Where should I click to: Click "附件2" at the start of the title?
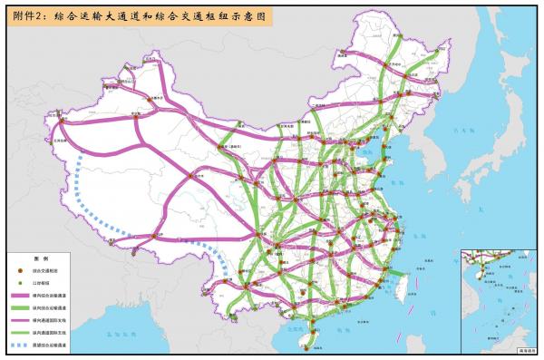(27, 16)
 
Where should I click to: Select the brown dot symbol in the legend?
(20, 270)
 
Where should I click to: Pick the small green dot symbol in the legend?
(20, 282)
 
